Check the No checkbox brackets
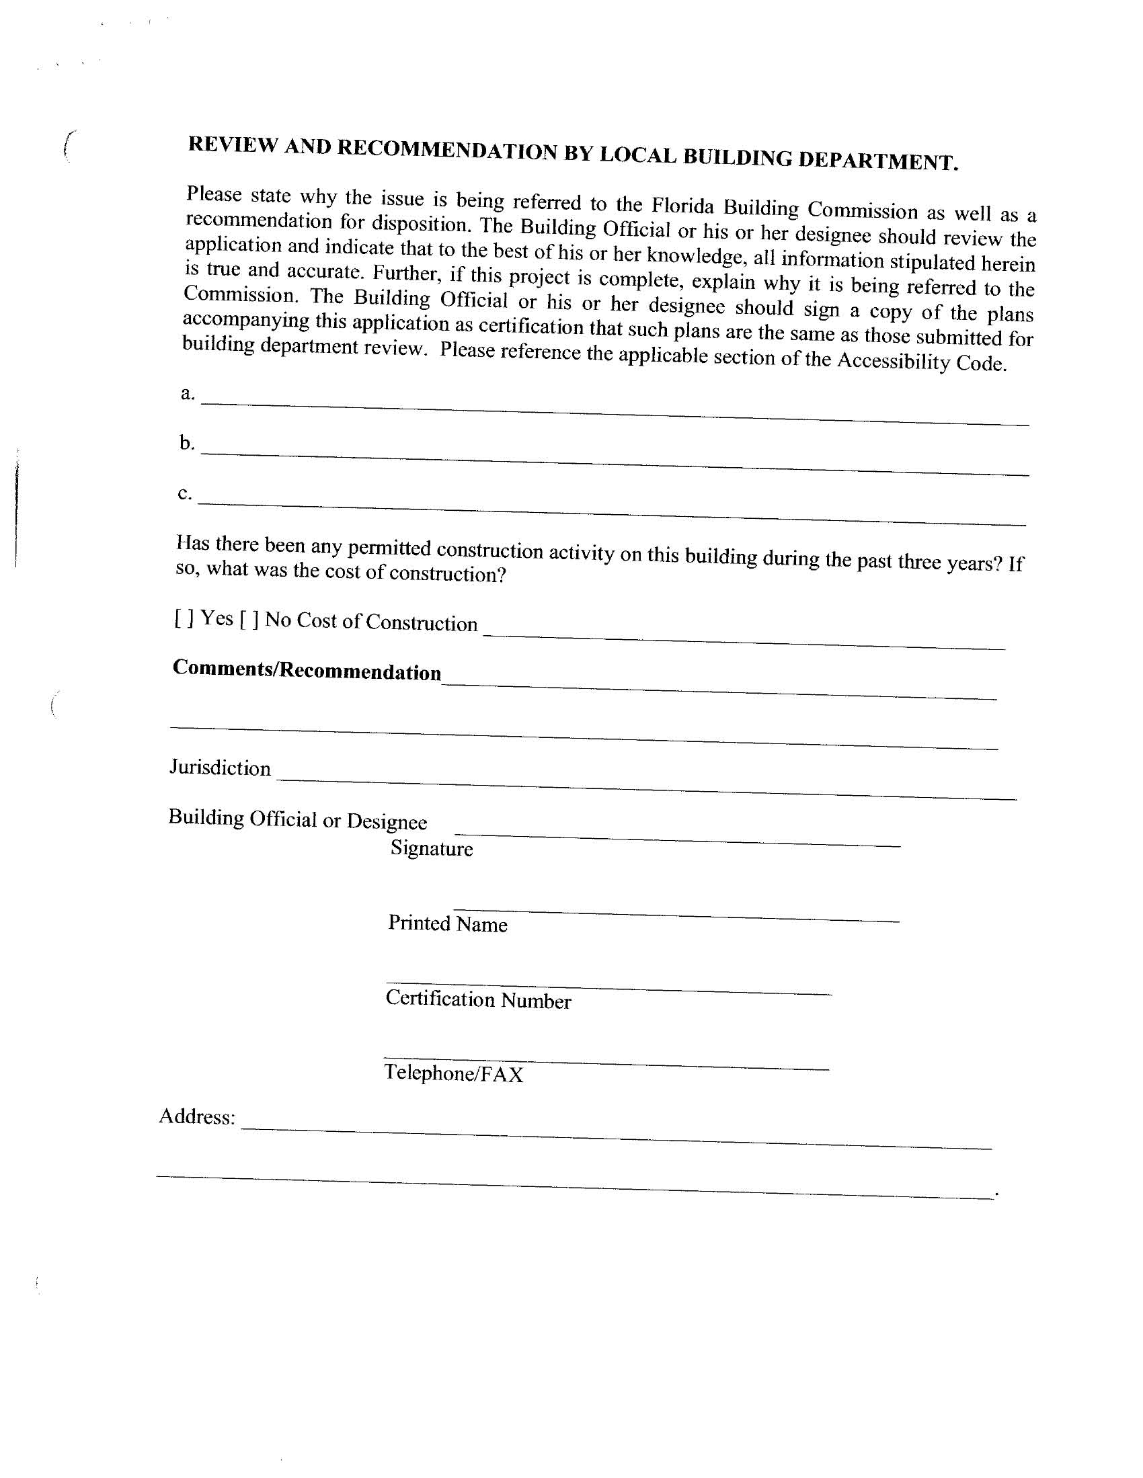(x=249, y=619)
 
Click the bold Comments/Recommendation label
(x=307, y=670)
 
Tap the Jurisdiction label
(x=220, y=768)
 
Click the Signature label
(x=432, y=848)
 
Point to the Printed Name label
(x=448, y=923)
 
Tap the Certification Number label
(x=478, y=999)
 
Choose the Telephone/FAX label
(x=454, y=1073)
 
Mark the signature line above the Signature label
(x=677, y=839)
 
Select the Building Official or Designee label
(x=297, y=819)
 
